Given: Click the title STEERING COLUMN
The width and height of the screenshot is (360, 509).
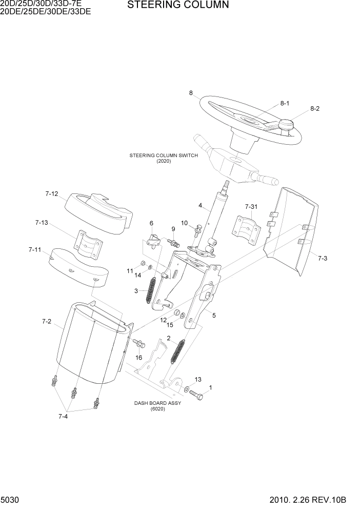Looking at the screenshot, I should click(x=171, y=5).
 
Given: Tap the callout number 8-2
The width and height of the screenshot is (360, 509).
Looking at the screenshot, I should click(x=314, y=109).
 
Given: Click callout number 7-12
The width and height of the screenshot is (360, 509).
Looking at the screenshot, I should click(x=52, y=194).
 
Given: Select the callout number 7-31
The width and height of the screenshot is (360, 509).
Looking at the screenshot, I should click(x=251, y=206).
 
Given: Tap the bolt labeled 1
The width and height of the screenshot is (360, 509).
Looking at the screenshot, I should click(x=196, y=395).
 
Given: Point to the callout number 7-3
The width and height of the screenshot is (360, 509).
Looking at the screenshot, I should click(x=322, y=258).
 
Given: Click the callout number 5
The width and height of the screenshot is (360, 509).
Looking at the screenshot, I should click(x=214, y=316).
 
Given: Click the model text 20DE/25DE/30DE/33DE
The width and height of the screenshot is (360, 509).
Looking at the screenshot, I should click(x=46, y=12).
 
